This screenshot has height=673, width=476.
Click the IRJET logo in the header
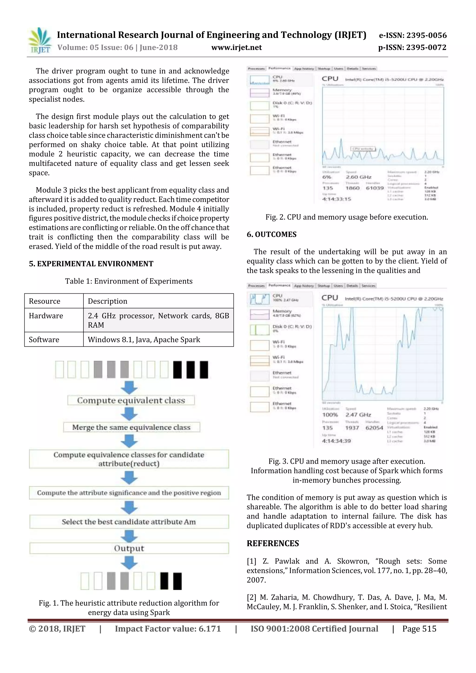click(40, 40)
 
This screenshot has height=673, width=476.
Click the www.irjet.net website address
click(236, 47)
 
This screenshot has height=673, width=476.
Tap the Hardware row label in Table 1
click(46, 316)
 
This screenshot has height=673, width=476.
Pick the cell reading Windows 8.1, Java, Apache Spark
click(144, 339)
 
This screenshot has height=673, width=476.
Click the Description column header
click(108, 301)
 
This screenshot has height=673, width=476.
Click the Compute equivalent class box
click(131, 401)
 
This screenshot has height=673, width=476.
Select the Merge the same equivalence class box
click(131, 427)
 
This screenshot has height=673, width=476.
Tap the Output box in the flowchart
click(129, 548)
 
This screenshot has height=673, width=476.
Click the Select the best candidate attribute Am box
click(129, 522)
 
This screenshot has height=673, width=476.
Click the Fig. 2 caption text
click(347, 217)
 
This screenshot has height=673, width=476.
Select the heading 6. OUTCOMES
click(271, 234)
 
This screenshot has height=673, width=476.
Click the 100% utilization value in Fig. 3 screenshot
click(330, 415)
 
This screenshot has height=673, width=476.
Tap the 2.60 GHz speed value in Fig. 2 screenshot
click(358, 177)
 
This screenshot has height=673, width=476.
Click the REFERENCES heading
click(273, 543)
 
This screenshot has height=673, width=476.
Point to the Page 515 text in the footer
click(419, 629)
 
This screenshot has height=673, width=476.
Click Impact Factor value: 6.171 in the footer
click(168, 629)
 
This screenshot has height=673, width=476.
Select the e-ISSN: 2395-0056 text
click(413, 36)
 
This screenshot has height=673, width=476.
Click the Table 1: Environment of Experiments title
click(129, 281)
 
